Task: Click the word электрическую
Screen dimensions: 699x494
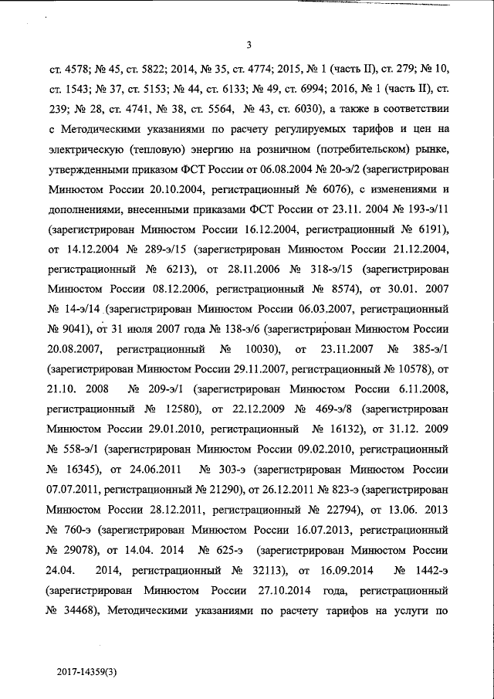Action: (83, 147)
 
